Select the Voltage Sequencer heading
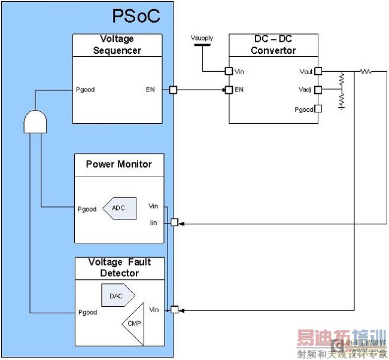click(x=117, y=45)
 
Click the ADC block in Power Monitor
click(x=119, y=209)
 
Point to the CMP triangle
click(x=133, y=324)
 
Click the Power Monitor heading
click(x=118, y=164)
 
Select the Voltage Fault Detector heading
click(x=119, y=267)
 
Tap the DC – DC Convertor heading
click(x=273, y=45)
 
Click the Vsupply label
click(x=202, y=38)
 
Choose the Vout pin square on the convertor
click(x=318, y=71)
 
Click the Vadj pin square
click(x=318, y=90)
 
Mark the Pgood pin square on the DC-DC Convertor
click(x=318, y=109)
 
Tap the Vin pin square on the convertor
click(x=229, y=71)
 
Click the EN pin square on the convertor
click(x=229, y=90)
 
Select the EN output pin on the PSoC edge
click(x=173, y=90)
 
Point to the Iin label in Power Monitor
click(x=153, y=222)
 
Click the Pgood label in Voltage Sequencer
click(x=86, y=90)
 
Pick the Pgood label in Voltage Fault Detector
click(x=87, y=312)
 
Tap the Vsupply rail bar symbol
click(x=202, y=44)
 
